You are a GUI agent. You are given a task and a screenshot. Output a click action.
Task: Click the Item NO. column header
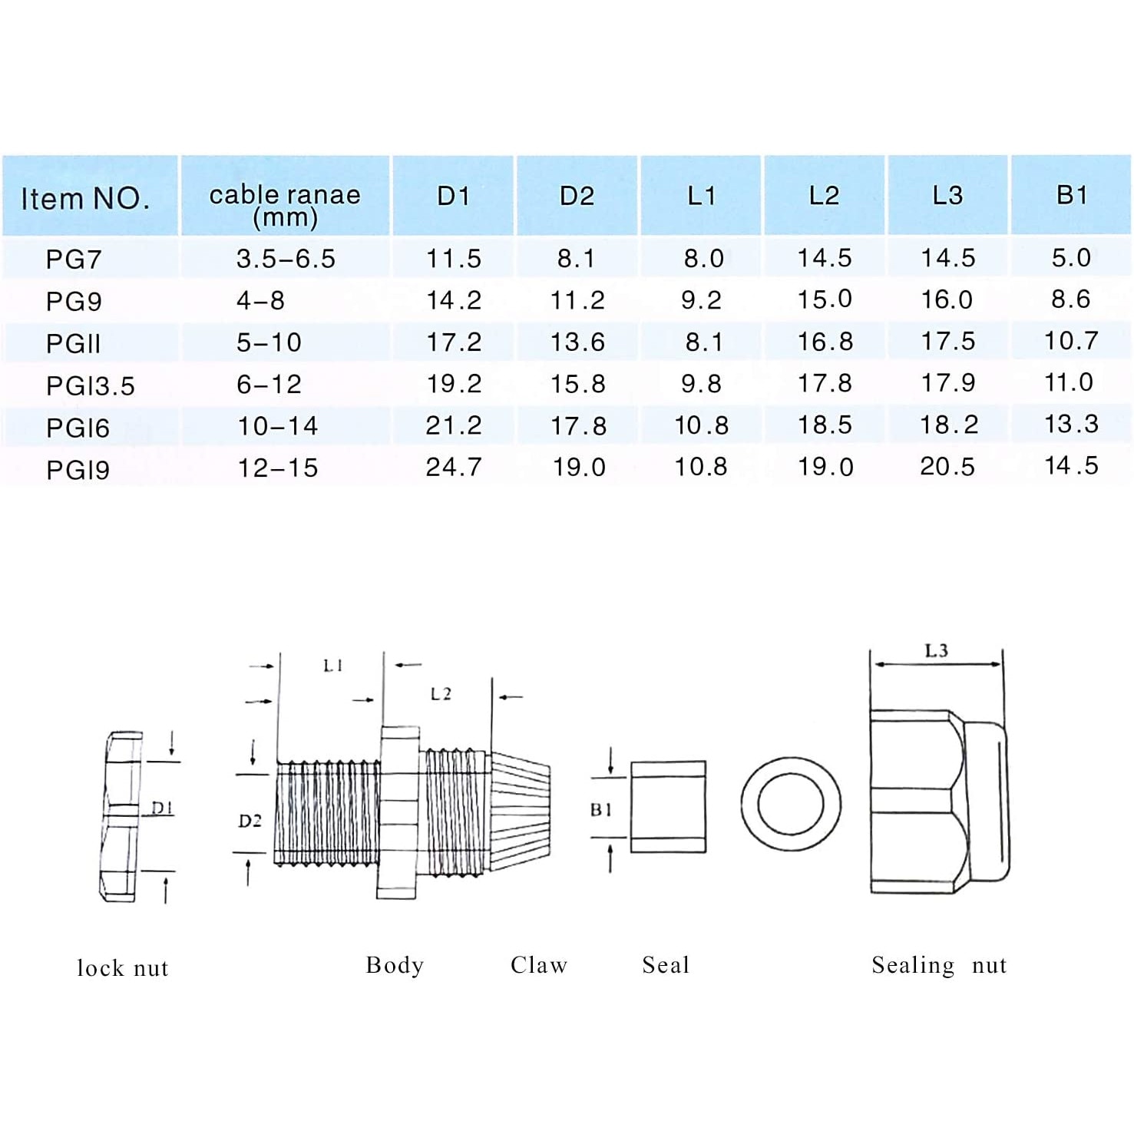[84, 198]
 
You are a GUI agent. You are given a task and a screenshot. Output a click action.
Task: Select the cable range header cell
[285, 205]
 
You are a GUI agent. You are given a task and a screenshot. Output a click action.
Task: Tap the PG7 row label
[74, 260]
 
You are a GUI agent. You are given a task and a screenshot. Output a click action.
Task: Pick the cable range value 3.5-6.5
[286, 259]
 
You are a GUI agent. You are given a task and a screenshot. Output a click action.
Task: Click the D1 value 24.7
[454, 467]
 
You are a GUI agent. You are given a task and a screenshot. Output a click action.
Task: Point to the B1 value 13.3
[1071, 424]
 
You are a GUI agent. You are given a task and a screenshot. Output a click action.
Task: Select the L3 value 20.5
[947, 467]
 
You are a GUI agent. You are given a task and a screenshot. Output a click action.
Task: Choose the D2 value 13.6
[577, 342]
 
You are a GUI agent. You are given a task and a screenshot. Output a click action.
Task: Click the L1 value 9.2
[701, 300]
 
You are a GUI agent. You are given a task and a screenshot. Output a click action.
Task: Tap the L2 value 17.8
[825, 383]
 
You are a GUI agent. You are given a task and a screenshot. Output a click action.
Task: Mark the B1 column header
[1072, 195]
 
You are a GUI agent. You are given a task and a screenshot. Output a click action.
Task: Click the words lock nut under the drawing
[123, 967]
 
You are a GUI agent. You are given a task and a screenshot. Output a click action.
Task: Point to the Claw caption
[539, 965]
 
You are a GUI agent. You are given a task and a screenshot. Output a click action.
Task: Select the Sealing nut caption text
[939, 965]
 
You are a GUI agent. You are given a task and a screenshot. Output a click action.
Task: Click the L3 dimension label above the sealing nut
[936, 651]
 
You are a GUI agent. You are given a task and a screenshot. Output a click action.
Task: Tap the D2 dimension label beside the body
[250, 821]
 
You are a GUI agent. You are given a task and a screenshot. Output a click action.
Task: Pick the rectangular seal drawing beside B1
[668, 807]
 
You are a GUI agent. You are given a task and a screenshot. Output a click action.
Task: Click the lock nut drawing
[121, 816]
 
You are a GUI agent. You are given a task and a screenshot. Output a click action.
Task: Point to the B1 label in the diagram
[601, 809]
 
